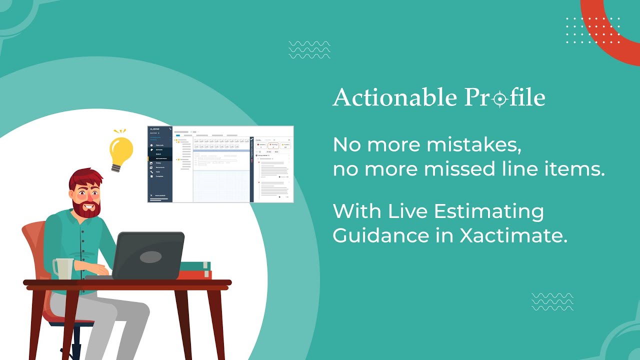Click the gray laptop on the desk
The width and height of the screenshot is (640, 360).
[148, 255]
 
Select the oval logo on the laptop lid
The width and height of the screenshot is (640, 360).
[150, 257]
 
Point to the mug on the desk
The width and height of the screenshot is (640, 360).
[62, 268]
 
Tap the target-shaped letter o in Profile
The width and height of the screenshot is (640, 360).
[498, 99]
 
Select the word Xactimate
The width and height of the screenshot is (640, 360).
[513, 235]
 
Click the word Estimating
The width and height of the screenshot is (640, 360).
[488, 211]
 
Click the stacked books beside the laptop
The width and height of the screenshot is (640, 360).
[195, 270]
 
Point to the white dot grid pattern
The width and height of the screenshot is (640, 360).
[593, 30]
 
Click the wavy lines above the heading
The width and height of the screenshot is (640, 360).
[309, 49]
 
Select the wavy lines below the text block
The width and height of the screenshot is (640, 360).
[552, 301]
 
